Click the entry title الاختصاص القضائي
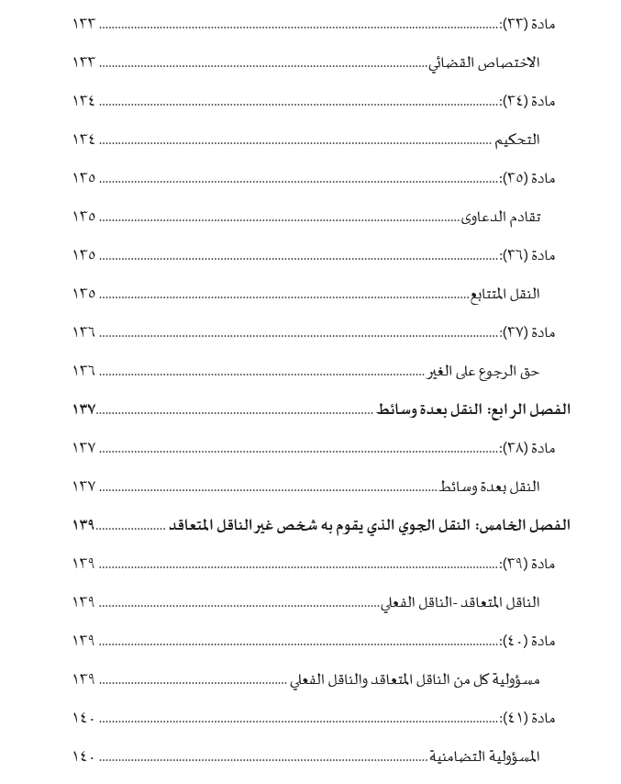pyautogui.click(x=485, y=62)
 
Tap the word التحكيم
pyautogui.click(x=517, y=140)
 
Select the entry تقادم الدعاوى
pyautogui.click(x=500, y=217)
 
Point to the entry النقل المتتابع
pyautogui.click(x=505, y=294)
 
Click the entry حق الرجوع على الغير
pyautogui.click(x=483, y=371)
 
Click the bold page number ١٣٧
pyautogui.click(x=83, y=409)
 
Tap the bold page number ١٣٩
pyautogui.click(x=83, y=525)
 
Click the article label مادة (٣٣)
pyautogui.click(x=529, y=24)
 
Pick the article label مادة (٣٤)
pyautogui.click(x=529, y=101)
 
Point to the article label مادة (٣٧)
pyautogui.click(x=529, y=332)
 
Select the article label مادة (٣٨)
pyautogui.click(x=529, y=448)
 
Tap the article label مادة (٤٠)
pyautogui.click(x=529, y=641)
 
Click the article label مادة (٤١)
pyautogui.click(x=529, y=718)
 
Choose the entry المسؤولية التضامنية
pyautogui.click(x=485, y=756)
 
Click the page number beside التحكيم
pyautogui.click(x=83, y=140)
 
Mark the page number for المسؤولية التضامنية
pyautogui.click(x=83, y=756)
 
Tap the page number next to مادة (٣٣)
pyautogui.click(x=83, y=24)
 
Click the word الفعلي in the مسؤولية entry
pyautogui.click(x=309, y=680)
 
